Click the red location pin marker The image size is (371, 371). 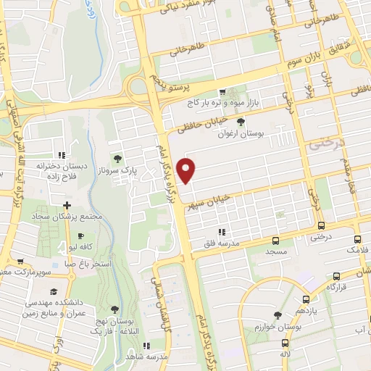[187, 171]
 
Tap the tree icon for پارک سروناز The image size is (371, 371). [117, 159]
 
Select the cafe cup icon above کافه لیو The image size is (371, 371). [80, 236]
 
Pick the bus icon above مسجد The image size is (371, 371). [275, 240]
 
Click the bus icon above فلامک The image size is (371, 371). [357, 239]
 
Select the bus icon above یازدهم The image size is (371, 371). [307, 298]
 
